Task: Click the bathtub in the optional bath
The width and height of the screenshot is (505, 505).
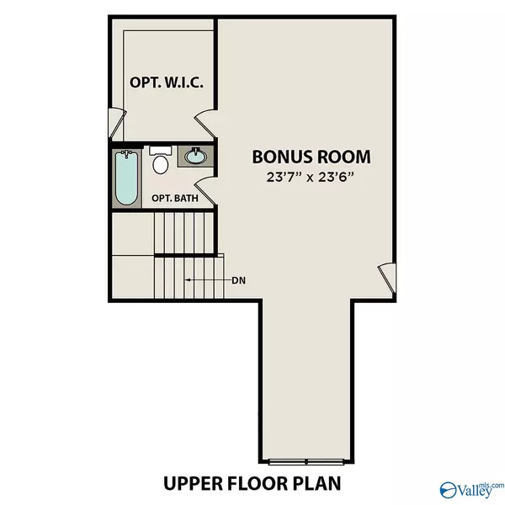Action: [127, 178]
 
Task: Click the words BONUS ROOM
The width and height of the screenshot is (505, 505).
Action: [311, 157]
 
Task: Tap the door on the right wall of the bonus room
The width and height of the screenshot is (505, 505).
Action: [386, 274]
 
